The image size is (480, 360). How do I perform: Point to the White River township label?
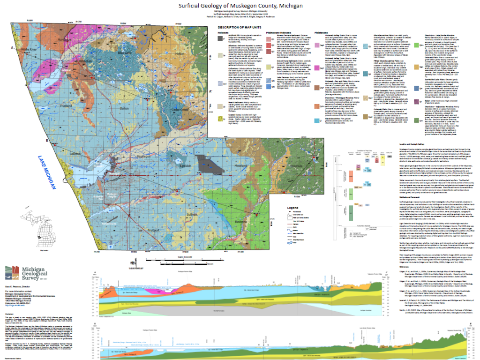tap(28, 49)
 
